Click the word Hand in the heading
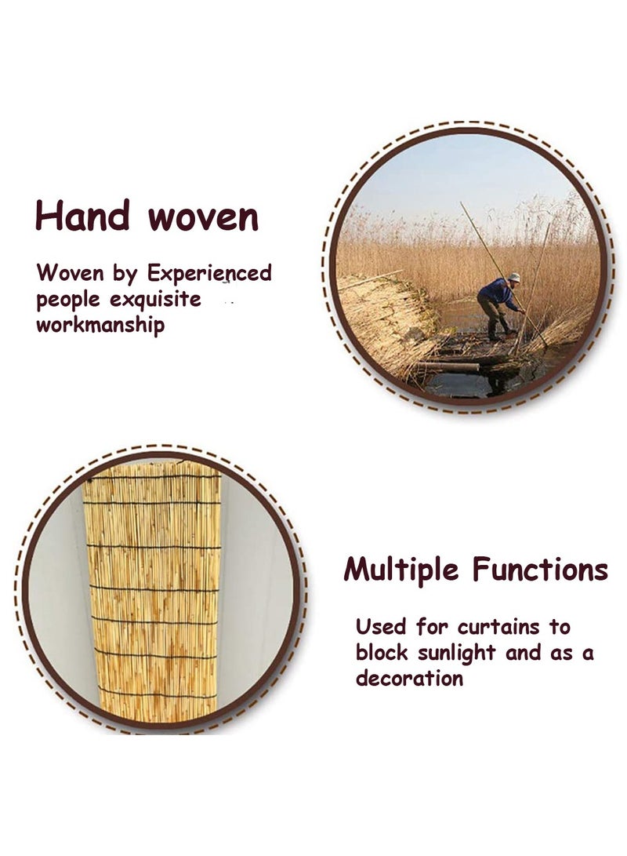point(82,216)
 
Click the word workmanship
point(100,325)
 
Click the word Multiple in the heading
point(402,570)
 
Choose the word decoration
point(409,678)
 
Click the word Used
point(381,627)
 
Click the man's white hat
point(514,277)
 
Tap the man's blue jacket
point(499,293)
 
